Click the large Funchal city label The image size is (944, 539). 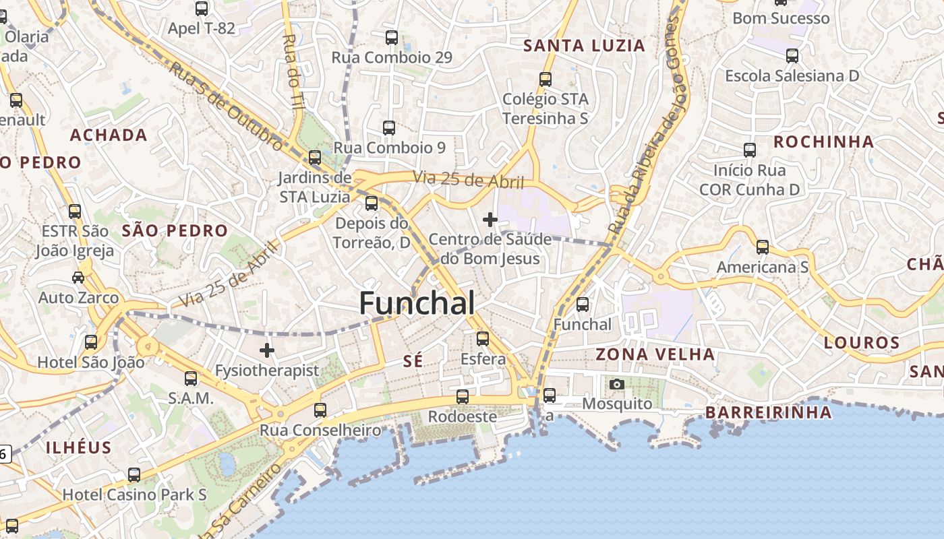click(x=417, y=303)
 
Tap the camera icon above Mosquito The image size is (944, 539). click(x=616, y=385)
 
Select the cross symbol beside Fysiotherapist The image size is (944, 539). click(x=267, y=350)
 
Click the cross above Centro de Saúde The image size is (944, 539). click(x=490, y=220)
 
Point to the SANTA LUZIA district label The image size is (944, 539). click(x=585, y=46)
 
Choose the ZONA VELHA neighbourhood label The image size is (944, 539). click(x=655, y=354)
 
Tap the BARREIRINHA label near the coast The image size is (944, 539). click(x=768, y=412)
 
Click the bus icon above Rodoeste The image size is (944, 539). click(x=463, y=397)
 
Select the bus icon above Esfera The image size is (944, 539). click(x=483, y=339)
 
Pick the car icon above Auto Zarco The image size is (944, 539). click(x=78, y=278)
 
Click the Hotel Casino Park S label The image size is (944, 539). click(x=134, y=495)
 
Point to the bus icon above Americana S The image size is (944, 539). click(x=763, y=247)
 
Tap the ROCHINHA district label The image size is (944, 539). click(x=823, y=142)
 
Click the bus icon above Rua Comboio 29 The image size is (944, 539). click(x=392, y=38)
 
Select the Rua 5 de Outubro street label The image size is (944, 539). click(x=226, y=106)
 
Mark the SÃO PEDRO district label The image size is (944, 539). click(x=175, y=231)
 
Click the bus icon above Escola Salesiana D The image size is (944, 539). click(x=792, y=56)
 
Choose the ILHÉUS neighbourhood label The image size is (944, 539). click(x=78, y=447)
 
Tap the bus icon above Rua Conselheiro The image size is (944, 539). click(x=320, y=410)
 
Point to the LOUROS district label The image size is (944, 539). click(x=862, y=343)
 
